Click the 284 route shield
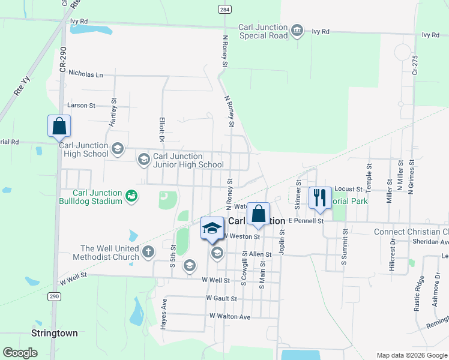click(x=224, y=10)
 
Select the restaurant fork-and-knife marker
click(x=319, y=197)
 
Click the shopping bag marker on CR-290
click(x=59, y=127)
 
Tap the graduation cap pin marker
click(x=212, y=229)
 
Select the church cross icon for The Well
click(x=149, y=253)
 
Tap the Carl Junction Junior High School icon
click(x=143, y=160)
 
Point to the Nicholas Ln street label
click(x=86, y=74)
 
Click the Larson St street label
click(x=82, y=105)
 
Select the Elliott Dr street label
click(x=161, y=129)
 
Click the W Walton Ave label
click(x=230, y=316)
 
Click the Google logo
click(x=20, y=353)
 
